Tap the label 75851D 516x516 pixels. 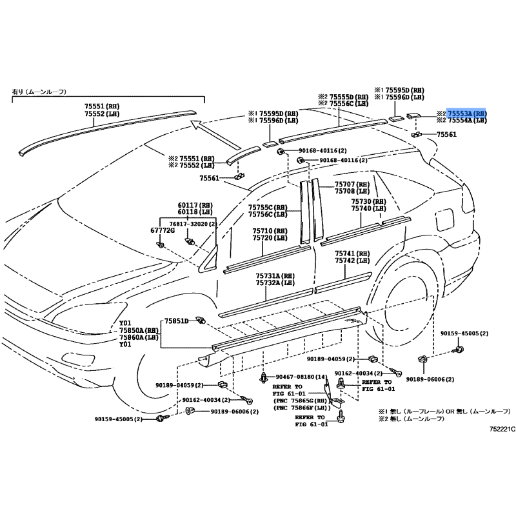tap(175, 321)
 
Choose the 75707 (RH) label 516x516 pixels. tap(352, 184)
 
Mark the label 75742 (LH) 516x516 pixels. tap(352, 261)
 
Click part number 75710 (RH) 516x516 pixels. tap(271, 230)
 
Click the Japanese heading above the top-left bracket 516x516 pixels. tap(39, 92)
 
